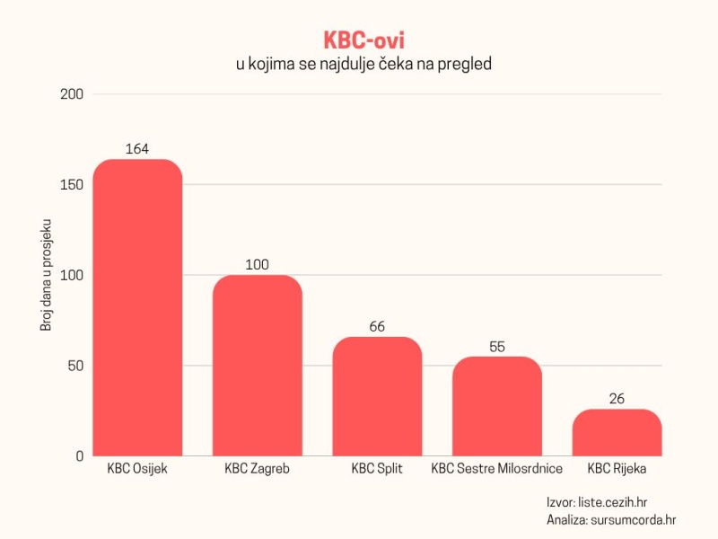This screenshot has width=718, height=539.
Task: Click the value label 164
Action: [x=137, y=149]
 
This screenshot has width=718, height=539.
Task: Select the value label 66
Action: [x=377, y=326]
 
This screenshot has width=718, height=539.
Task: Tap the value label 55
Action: [x=497, y=347]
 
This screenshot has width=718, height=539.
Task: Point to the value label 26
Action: [x=617, y=399]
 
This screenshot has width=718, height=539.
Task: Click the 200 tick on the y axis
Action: [x=73, y=94]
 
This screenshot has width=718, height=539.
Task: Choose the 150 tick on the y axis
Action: [x=73, y=185]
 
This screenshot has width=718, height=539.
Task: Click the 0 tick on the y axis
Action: [x=80, y=456]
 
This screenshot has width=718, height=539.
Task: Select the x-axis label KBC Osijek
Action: [x=137, y=469]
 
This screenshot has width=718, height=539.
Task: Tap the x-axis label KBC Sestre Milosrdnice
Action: [x=497, y=469]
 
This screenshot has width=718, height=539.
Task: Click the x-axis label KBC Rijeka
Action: [x=617, y=469]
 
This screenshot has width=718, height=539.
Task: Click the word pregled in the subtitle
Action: [x=464, y=65]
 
